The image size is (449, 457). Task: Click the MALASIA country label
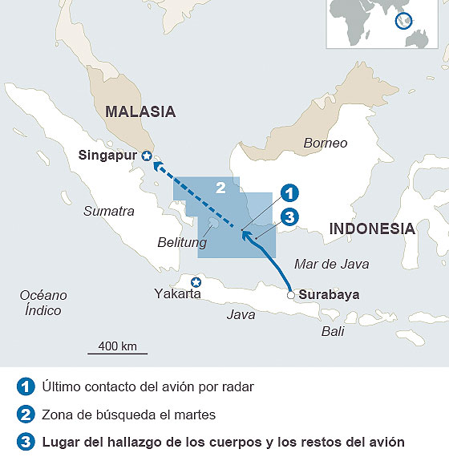(140, 112)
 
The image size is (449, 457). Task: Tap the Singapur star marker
(146, 156)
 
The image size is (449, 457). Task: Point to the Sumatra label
(109, 211)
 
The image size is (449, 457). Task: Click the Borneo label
(326, 143)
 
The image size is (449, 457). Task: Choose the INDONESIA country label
(372, 228)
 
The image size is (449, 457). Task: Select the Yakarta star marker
(195, 281)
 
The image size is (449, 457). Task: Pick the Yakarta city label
(177, 294)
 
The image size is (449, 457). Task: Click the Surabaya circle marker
(290, 295)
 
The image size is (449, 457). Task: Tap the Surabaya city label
(329, 294)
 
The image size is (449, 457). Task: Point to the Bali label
(333, 330)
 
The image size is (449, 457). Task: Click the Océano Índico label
(43, 302)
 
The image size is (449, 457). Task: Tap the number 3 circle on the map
(289, 216)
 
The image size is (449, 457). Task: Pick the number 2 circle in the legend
(25, 415)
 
